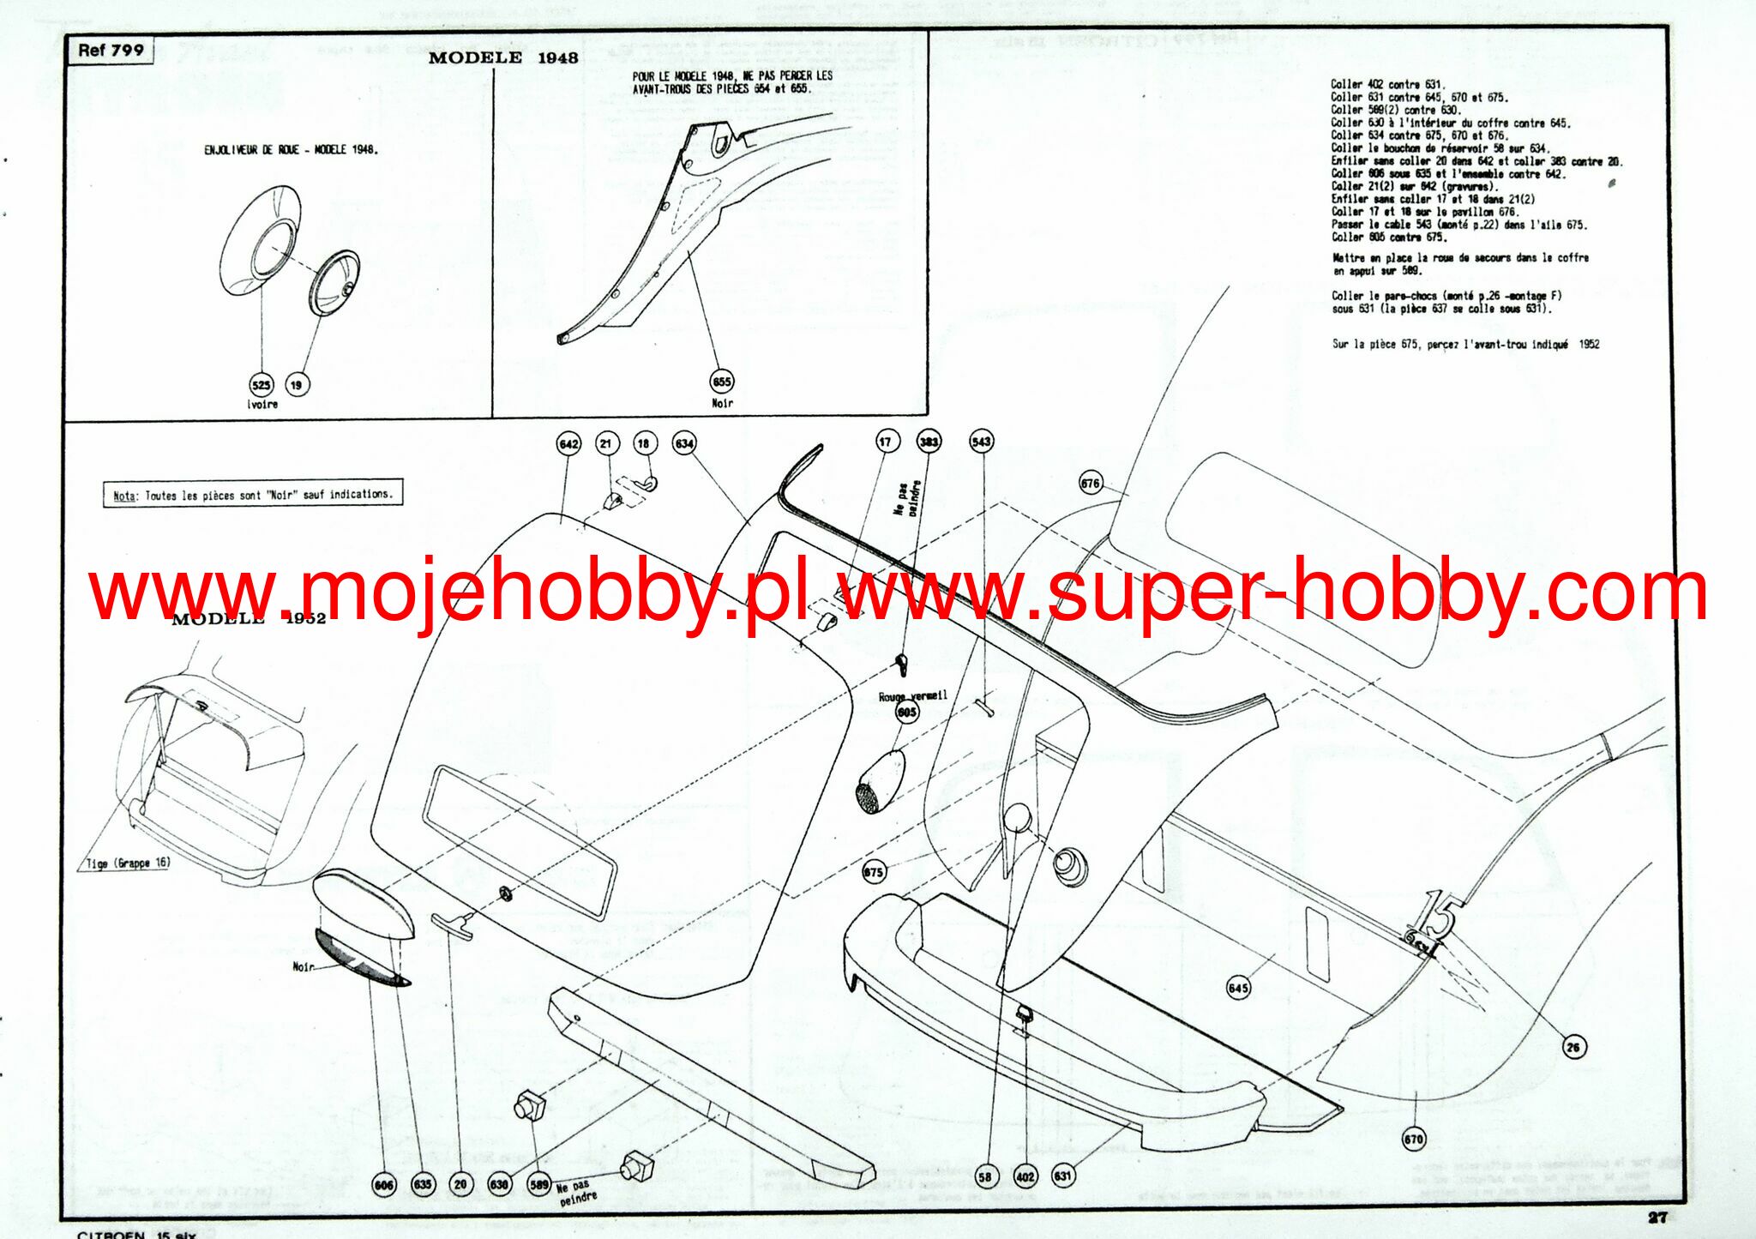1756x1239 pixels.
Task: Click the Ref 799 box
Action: pyautogui.click(x=111, y=51)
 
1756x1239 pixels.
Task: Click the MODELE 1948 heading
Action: pyautogui.click(x=503, y=58)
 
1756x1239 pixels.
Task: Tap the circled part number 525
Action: pyautogui.click(x=261, y=385)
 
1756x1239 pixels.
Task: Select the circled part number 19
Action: pyautogui.click(x=297, y=385)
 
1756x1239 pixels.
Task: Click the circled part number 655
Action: pyautogui.click(x=722, y=382)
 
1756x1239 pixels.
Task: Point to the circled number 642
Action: pyautogui.click(x=568, y=443)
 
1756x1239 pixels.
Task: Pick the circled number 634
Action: pyautogui.click(x=684, y=443)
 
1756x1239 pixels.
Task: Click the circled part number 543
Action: pyautogui.click(x=981, y=442)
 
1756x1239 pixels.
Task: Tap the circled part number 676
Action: pyautogui.click(x=1090, y=484)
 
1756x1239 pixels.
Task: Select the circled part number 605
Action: pyautogui.click(x=907, y=712)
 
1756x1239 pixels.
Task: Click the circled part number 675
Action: pyautogui.click(x=873, y=872)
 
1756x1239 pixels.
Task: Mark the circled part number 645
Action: pyautogui.click(x=1238, y=988)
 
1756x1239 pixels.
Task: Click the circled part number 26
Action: pyautogui.click(x=1573, y=1046)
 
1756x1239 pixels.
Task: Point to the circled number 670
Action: pyautogui.click(x=1414, y=1140)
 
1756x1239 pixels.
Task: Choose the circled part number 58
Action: pyautogui.click(x=985, y=1176)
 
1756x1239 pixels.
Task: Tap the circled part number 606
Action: pyautogui.click(x=384, y=1184)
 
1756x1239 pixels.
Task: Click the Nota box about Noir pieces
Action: pyautogui.click(x=253, y=495)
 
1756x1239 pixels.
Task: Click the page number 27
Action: pyautogui.click(x=1657, y=1217)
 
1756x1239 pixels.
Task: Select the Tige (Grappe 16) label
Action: pyautogui.click(x=128, y=863)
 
